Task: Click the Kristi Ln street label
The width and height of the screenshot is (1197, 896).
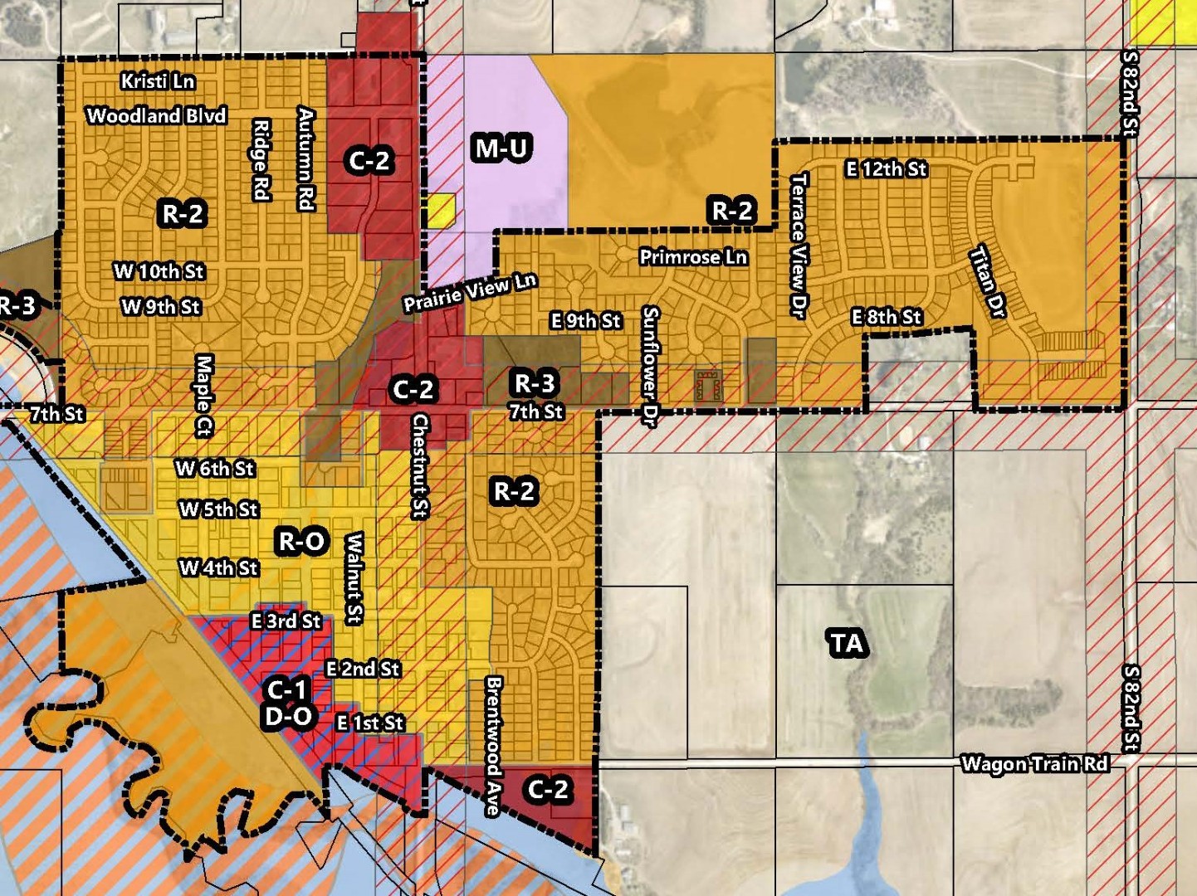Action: click(x=157, y=81)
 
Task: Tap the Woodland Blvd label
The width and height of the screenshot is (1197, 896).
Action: click(x=157, y=115)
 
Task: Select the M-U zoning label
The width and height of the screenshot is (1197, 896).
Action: click(x=501, y=149)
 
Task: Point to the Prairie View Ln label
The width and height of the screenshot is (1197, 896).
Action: click(x=470, y=292)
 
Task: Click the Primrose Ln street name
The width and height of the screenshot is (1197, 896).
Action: click(x=693, y=257)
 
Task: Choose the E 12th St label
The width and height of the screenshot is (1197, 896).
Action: click(x=886, y=169)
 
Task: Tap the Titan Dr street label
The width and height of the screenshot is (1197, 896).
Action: click(x=988, y=281)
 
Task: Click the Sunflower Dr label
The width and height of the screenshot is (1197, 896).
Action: click(x=650, y=367)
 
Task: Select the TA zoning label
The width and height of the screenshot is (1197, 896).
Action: click(x=848, y=643)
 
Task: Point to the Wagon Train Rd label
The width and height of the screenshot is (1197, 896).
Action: click(x=1034, y=763)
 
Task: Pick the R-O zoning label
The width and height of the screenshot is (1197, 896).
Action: click(x=302, y=542)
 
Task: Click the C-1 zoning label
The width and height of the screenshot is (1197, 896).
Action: click(x=287, y=689)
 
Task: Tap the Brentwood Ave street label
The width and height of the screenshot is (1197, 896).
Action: click(x=494, y=746)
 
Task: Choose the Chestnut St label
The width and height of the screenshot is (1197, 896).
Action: click(x=420, y=466)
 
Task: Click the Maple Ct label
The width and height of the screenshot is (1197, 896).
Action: click(x=204, y=396)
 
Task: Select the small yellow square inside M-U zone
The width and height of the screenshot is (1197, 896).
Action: click(x=442, y=211)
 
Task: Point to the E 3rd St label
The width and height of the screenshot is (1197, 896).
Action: click(x=286, y=621)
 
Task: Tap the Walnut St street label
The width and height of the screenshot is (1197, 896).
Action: click(x=354, y=578)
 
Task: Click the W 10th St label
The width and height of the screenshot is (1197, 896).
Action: click(x=159, y=271)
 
